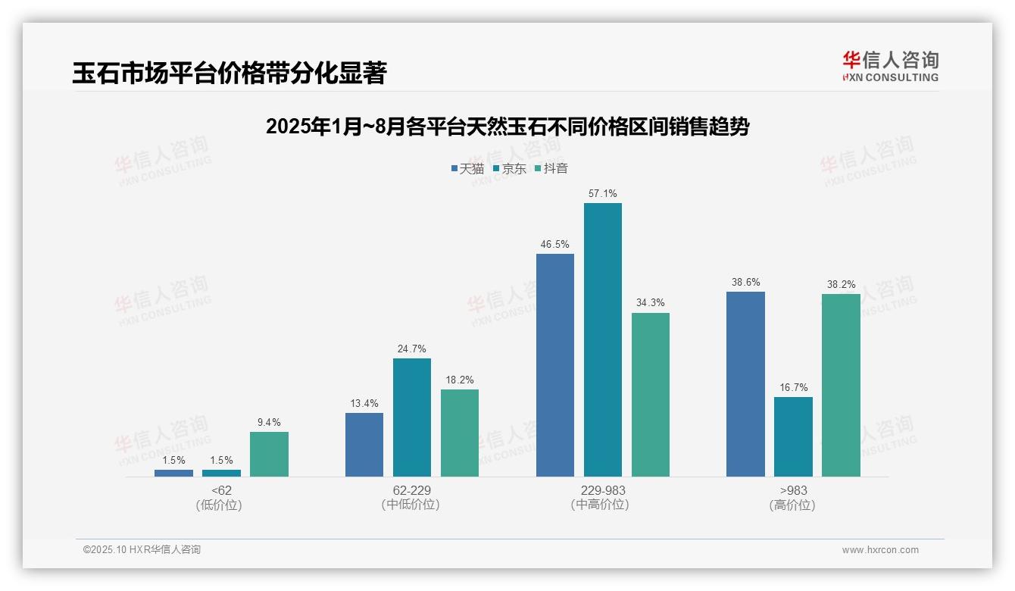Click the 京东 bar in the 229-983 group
[602, 339]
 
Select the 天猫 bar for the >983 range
[745, 384]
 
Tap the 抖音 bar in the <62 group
[269, 454]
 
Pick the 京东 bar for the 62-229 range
[412, 417]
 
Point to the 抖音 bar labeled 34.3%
[651, 395]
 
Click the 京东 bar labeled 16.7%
[793, 436]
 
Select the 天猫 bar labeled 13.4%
[364, 445]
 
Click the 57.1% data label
[602, 194]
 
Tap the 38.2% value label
[841, 285]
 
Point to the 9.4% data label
[269, 423]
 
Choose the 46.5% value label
[554, 245]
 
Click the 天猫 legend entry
[467, 169]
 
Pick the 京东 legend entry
[509, 169]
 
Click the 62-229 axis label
[411, 490]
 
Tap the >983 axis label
[792, 490]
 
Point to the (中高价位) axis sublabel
[600, 505]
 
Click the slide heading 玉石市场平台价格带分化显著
[230, 73]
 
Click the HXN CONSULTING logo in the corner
[890, 66]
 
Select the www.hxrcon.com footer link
[880, 550]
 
